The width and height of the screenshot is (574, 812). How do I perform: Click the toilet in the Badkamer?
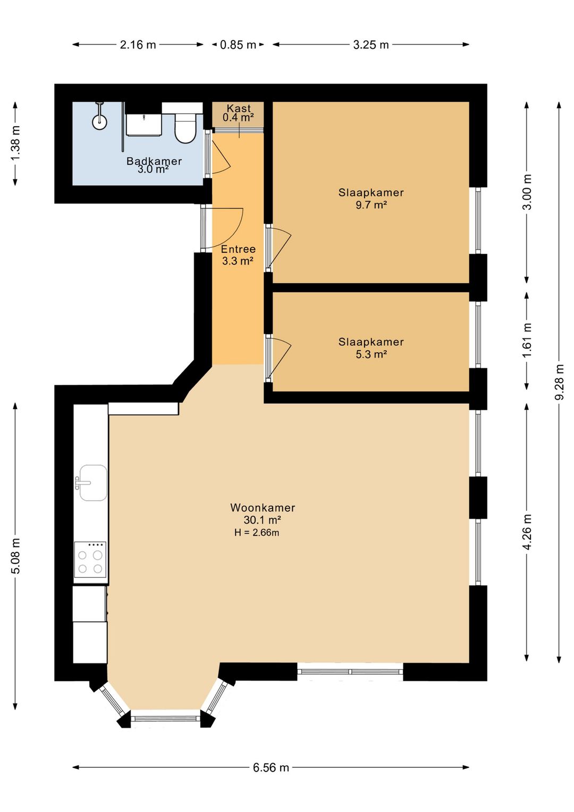point(185,128)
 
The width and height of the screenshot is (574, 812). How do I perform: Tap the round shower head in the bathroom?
point(99,121)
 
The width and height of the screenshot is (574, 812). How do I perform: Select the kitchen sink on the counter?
point(93,483)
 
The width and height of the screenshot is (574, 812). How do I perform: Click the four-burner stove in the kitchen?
point(90,560)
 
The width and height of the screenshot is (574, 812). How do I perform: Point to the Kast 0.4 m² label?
point(238,113)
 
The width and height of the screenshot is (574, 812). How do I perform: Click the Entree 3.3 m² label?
point(238,255)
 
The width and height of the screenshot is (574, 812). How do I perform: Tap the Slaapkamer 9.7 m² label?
point(371,198)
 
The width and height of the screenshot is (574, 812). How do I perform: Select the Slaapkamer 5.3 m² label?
point(371,348)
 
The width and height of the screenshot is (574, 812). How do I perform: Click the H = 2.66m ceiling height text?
point(257,533)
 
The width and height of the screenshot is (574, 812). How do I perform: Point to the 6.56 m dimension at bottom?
point(271,767)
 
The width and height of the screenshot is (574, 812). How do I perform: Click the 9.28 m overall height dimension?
point(559,382)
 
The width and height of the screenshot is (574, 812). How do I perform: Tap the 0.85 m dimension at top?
point(238,45)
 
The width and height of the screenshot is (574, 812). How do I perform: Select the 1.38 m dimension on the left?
point(15,143)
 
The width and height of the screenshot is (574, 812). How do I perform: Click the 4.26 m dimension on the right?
point(527,532)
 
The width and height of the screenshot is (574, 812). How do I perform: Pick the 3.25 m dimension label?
point(371,45)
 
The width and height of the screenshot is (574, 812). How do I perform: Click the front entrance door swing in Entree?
point(226,226)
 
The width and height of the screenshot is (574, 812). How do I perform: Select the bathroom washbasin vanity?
point(144,125)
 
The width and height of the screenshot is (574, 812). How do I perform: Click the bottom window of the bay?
point(165,719)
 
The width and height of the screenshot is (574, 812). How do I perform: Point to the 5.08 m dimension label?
point(15,556)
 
